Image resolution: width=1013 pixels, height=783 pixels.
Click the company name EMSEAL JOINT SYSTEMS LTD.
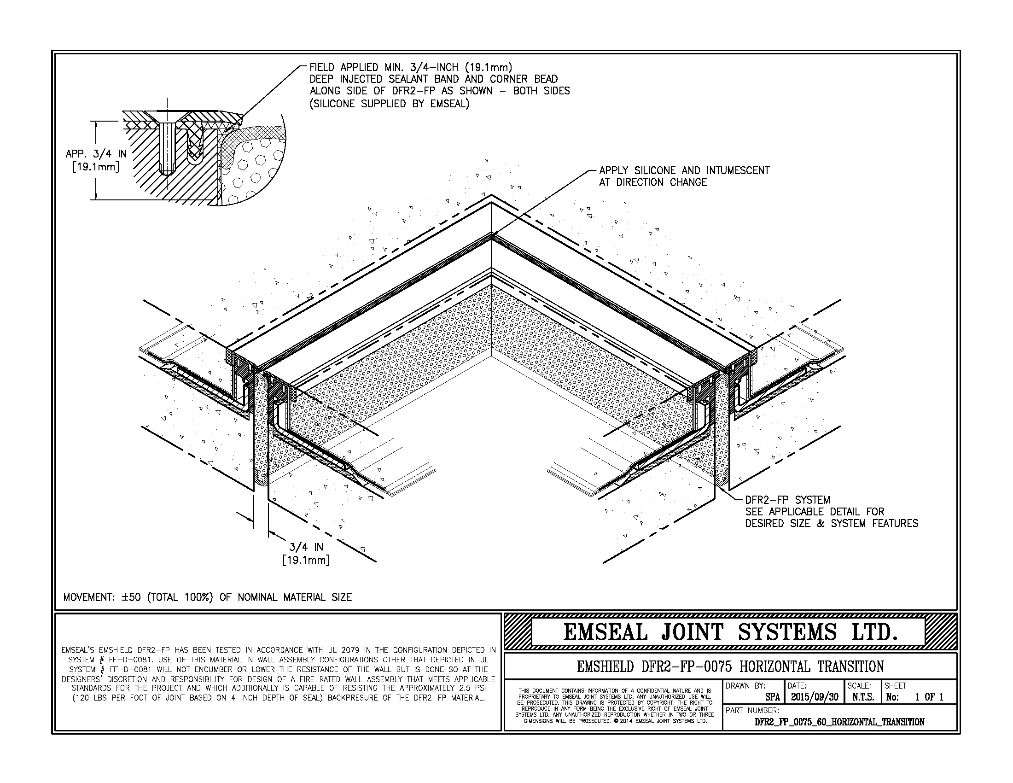[x=730, y=633]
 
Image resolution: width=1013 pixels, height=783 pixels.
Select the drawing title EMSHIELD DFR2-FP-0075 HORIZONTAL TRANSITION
[x=730, y=667]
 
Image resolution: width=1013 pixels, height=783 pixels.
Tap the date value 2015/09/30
[x=815, y=697]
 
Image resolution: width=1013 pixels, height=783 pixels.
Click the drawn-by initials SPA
[x=772, y=697]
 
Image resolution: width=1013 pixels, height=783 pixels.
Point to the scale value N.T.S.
[x=863, y=697]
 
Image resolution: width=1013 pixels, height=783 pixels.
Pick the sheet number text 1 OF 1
[x=929, y=697]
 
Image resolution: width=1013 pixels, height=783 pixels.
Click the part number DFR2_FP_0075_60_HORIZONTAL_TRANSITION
[x=839, y=722]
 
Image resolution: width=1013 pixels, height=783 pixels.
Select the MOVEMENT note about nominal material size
[x=207, y=597]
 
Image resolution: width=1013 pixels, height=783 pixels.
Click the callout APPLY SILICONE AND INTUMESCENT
[x=684, y=171]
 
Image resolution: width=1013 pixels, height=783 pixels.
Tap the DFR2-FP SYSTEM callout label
[x=787, y=500]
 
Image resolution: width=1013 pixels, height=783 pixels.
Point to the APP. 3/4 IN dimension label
[x=96, y=153]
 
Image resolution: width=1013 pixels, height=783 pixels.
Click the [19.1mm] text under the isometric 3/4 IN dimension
[x=306, y=561]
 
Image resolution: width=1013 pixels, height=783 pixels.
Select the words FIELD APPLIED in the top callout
[x=344, y=68]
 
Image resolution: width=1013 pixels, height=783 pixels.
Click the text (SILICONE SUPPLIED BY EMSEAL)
[x=390, y=104]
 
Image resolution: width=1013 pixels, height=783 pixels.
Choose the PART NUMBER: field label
[x=752, y=710]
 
